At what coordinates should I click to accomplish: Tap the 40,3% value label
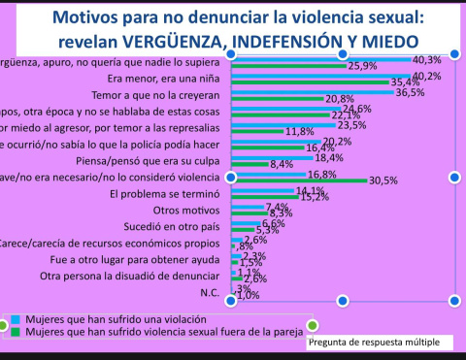(427, 59)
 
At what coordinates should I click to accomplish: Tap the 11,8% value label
(298, 130)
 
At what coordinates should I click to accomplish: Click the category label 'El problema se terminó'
(167, 193)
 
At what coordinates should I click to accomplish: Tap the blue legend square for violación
(18, 318)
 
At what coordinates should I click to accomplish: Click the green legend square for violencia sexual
(18, 331)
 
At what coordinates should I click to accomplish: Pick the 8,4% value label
(283, 164)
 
